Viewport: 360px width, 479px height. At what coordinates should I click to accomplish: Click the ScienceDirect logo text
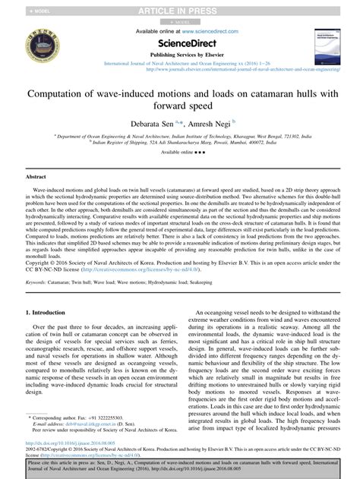tap(179, 43)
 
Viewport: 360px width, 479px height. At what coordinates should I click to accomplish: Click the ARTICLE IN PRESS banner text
tap(180, 9)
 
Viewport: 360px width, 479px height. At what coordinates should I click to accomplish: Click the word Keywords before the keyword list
tap(39, 260)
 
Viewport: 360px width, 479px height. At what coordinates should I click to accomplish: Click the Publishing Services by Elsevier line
tap(179, 56)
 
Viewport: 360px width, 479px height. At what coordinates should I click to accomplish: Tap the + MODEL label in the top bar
tap(18, 9)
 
